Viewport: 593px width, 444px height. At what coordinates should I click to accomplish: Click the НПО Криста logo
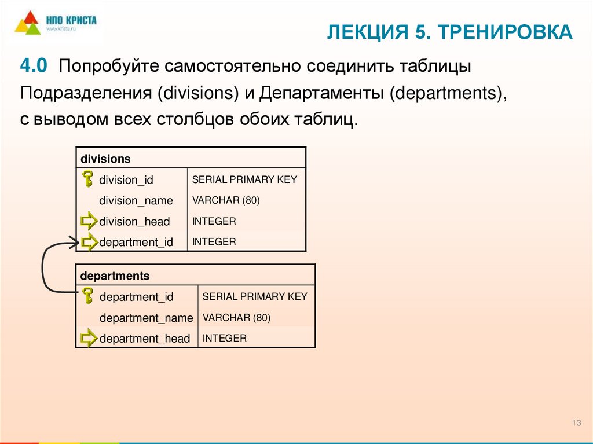[56, 24]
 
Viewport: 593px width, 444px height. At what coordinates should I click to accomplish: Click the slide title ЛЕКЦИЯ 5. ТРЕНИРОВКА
[449, 32]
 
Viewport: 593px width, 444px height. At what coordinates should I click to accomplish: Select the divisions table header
[106, 158]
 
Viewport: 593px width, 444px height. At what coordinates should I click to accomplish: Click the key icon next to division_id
[87, 179]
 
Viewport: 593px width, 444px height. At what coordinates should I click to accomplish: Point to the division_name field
[136, 201]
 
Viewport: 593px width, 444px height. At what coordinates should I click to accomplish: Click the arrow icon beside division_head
[89, 221]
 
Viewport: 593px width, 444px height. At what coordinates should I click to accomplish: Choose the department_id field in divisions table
[136, 243]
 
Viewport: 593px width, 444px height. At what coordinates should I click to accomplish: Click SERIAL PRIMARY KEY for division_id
[244, 179]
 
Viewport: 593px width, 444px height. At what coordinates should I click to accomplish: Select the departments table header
[115, 276]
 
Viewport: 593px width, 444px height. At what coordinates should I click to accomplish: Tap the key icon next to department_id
[88, 296]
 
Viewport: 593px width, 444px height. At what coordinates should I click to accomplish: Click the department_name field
[146, 318]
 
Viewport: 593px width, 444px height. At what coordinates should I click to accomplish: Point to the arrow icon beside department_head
[89, 338]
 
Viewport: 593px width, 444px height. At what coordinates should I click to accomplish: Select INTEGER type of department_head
[225, 338]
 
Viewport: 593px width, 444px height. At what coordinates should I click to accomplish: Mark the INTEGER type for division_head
[214, 221]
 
